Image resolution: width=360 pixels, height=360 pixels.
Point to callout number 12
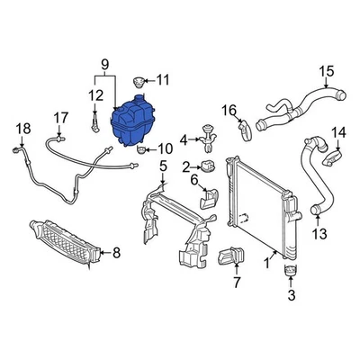[94, 94]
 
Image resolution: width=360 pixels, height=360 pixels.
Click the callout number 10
[166, 148]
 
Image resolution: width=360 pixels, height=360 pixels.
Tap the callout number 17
[60, 117]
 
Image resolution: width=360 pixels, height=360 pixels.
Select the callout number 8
[115, 253]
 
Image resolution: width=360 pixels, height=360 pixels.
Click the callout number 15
[326, 71]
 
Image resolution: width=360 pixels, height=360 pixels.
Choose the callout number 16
[230, 111]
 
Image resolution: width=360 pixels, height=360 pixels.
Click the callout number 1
[267, 263]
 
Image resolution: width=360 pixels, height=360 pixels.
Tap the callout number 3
[291, 294]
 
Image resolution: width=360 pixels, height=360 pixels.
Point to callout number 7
[237, 283]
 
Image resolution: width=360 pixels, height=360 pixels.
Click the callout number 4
[184, 139]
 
